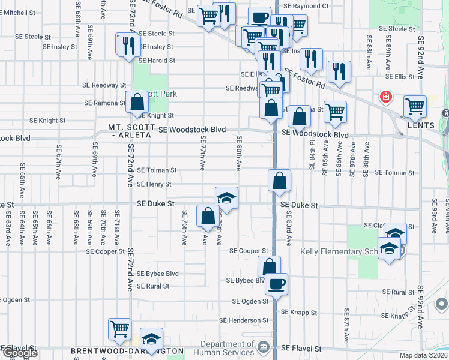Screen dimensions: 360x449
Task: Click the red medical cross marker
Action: tap(385, 97)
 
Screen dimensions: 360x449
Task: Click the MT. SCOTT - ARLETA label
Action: tap(130, 131)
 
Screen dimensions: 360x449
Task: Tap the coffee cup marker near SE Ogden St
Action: tap(276, 283)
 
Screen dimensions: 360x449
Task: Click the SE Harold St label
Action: tap(157, 61)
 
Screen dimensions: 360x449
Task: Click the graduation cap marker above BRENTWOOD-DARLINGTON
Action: tap(151, 338)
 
